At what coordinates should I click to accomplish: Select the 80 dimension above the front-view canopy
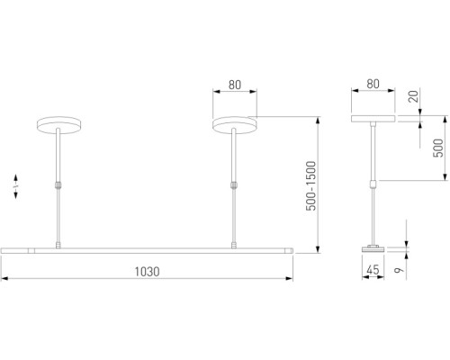234,86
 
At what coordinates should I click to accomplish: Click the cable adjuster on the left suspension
58,185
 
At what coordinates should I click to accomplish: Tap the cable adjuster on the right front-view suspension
234,185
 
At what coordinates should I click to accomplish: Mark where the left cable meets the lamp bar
58,243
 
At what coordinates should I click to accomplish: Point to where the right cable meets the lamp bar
234,243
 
